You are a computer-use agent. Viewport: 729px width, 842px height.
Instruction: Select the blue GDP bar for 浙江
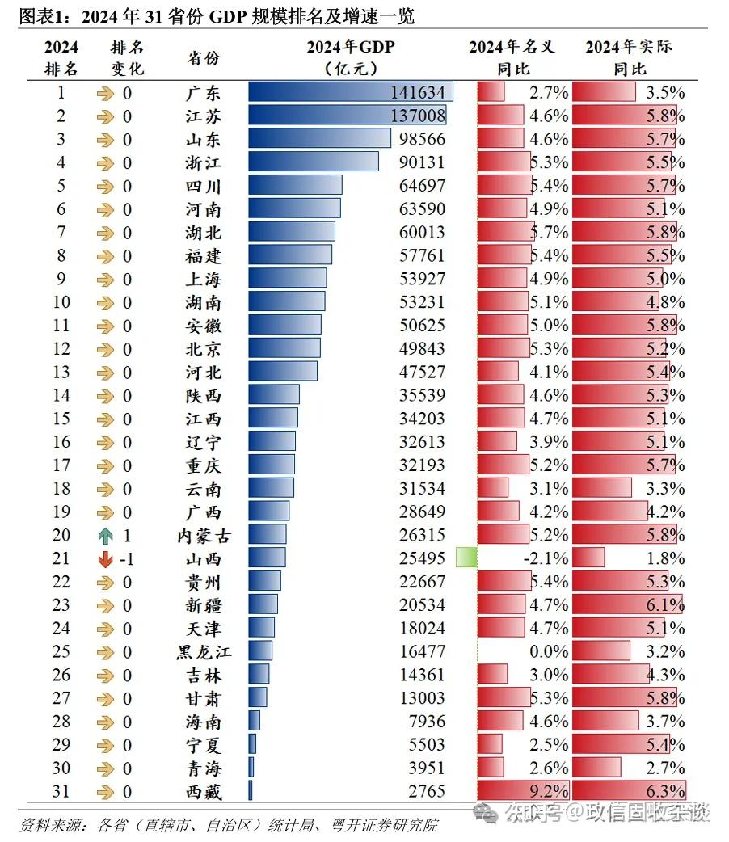pyautogui.click(x=313, y=162)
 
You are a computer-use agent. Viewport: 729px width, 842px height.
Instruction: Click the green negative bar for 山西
pyautogui.click(x=466, y=558)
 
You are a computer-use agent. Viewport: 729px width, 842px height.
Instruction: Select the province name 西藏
pyautogui.click(x=203, y=792)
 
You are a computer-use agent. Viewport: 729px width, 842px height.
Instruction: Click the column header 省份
pyautogui.click(x=203, y=58)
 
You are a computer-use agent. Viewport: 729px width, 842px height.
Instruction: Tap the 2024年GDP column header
pyautogui.click(x=350, y=48)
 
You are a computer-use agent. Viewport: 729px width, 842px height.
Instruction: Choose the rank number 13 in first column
pyautogui.click(x=61, y=373)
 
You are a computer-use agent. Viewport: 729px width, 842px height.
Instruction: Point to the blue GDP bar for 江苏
pyautogui.click(x=347, y=116)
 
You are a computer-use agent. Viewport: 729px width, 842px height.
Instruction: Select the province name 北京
pyautogui.click(x=203, y=349)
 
